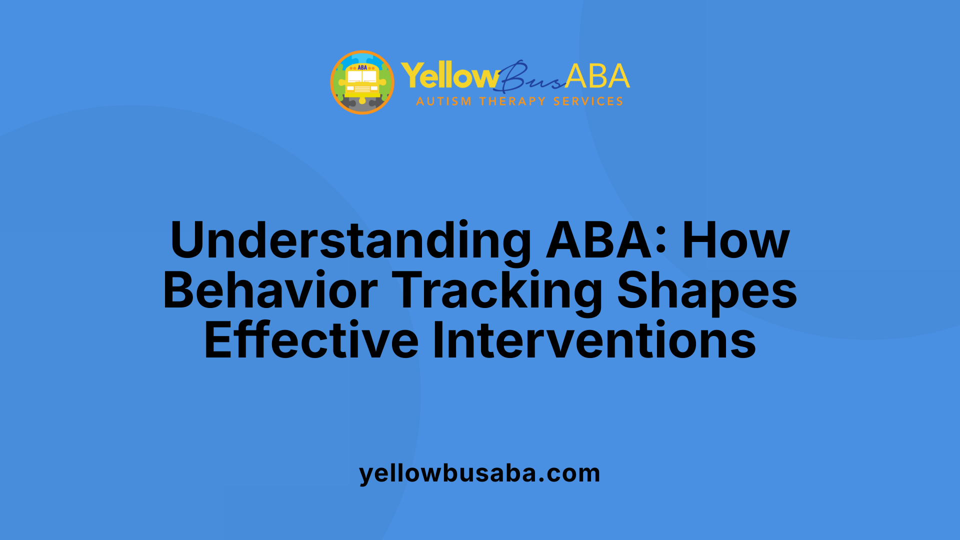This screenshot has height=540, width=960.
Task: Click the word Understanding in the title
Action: (x=350, y=240)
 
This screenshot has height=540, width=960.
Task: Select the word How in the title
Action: (x=735, y=240)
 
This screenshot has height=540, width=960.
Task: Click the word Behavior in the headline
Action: (x=270, y=290)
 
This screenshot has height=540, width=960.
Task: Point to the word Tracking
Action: (x=497, y=290)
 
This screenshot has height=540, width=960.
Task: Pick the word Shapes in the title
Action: (x=707, y=290)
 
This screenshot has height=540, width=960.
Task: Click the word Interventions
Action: (x=594, y=340)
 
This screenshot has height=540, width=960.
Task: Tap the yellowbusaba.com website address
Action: (x=479, y=473)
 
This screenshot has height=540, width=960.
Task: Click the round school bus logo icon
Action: (x=362, y=82)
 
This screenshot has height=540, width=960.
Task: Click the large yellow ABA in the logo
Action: (x=597, y=76)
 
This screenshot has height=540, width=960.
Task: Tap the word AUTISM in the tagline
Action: (x=443, y=101)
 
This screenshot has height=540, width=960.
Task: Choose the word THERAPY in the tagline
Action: (x=512, y=101)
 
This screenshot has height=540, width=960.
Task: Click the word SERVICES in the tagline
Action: (x=588, y=101)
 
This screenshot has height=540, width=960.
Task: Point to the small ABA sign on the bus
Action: (x=362, y=67)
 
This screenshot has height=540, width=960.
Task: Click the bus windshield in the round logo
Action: (x=362, y=76)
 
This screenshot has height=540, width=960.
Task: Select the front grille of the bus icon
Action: (x=362, y=89)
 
